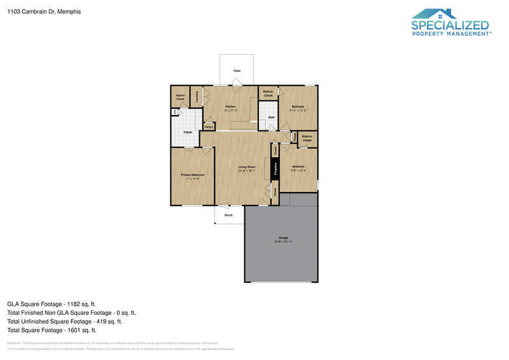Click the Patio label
coord(237,71)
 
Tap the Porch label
coord(228,215)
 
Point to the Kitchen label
coord(230,106)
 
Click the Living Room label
coord(247,167)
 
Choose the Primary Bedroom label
coord(193,175)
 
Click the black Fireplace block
coord(275,169)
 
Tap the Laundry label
coord(197,97)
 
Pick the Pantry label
coord(209,127)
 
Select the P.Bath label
coord(188,132)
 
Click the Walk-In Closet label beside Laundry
coord(180,97)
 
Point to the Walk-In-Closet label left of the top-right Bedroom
coord(268,94)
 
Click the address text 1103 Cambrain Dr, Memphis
coord(35,11)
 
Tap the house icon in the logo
coord(434,14)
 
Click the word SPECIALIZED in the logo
coord(450,25)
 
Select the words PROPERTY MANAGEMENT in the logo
coord(450,34)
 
